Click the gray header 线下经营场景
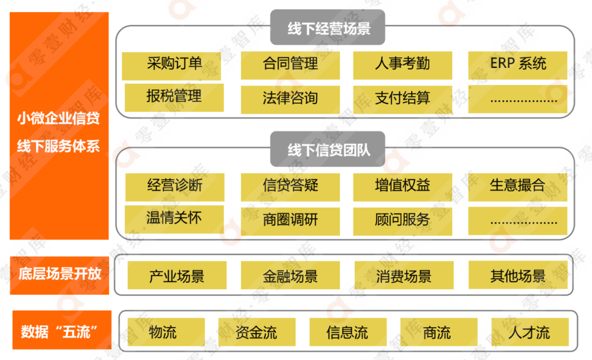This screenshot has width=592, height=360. click(327, 27)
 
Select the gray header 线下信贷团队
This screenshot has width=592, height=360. click(327, 149)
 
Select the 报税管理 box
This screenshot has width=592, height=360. click(174, 97)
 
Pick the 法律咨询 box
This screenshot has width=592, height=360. click(290, 99)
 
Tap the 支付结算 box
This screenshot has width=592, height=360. click(402, 99)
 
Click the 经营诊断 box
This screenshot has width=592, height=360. click(174, 186)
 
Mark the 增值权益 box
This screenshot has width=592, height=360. click(402, 186)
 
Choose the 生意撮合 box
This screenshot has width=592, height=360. click(517, 186)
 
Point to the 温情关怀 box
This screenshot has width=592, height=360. click(174, 219)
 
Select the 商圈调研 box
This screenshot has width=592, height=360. click(290, 221)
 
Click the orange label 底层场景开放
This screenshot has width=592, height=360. click(60, 275)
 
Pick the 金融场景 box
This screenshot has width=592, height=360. click(290, 276)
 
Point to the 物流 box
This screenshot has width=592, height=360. click(166, 333)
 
